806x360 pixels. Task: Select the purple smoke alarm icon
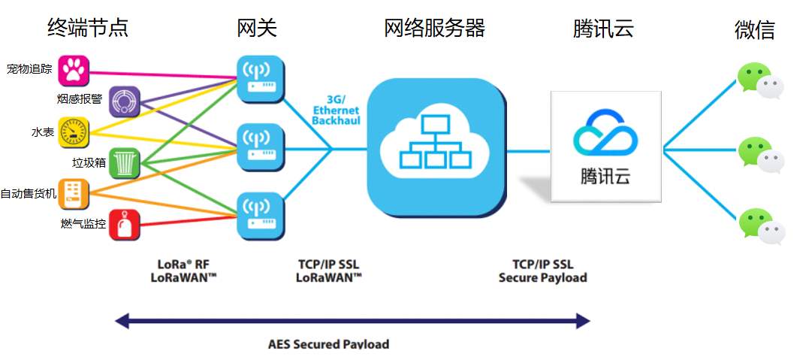(125, 101)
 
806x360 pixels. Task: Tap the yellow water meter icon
(74, 132)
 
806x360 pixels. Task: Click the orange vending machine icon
(74, 193)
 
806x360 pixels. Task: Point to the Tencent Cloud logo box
(605, 147)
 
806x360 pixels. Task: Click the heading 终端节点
(87, 28)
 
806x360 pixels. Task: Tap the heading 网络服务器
(434, 28)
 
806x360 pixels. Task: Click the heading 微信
(754, 30)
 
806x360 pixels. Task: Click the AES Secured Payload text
(329, 344)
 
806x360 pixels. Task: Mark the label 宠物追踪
(30, 70)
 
